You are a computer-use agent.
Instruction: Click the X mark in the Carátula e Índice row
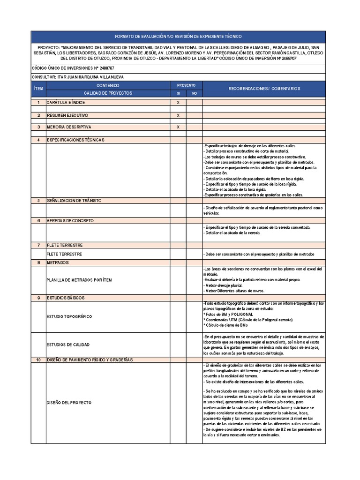coord(178,102)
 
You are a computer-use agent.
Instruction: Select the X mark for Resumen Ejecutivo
coord(178,115)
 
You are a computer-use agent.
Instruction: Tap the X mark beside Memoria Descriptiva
coord(178,127)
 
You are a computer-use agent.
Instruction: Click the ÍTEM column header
coord(38,89)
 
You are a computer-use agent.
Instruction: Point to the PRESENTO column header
coord(186,85)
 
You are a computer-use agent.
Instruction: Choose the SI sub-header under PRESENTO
coord(178,93)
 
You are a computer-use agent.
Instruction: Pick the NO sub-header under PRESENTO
coord(194,93)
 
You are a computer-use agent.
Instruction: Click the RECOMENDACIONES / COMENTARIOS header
coord(264,89)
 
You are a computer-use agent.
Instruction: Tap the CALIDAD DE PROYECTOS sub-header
coord(108,93)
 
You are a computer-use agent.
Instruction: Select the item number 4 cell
coord(38,140)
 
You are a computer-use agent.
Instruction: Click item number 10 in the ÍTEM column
coord(38,360)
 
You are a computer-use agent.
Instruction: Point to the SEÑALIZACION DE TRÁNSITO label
coord(74,201)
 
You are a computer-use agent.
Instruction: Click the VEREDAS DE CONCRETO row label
coord(70,220)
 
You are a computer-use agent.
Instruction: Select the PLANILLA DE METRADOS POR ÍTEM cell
coord(80,280)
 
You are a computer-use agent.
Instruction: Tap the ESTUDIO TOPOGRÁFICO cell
coord(69,316)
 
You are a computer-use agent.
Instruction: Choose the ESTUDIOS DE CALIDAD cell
coord(68,345)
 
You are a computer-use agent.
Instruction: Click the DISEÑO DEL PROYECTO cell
coord(69,403)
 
